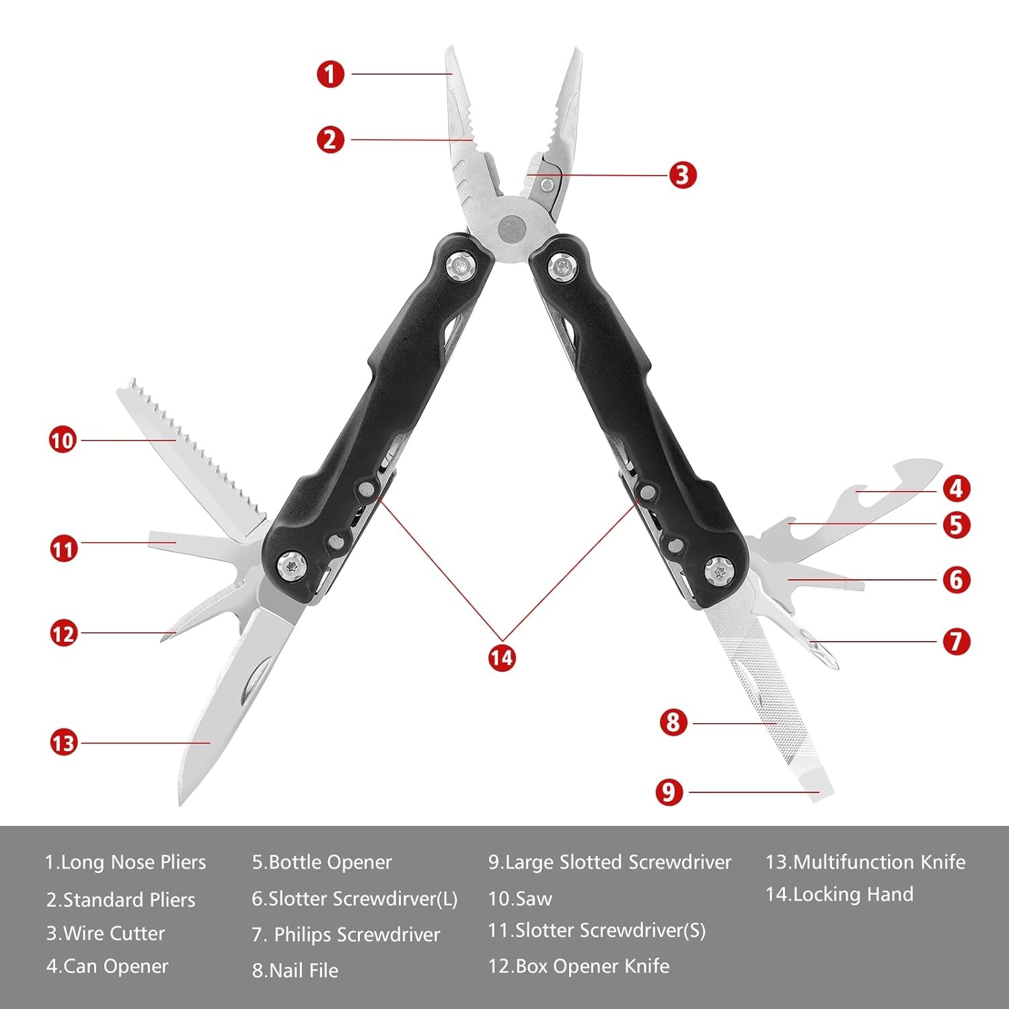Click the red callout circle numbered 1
pyautogui.click(x=330, y=74)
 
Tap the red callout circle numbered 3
pyautogui.click(x=683, y=175)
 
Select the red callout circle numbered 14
pyautogui.click(x=502, y=657)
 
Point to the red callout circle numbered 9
pyautogui.click(x=669, y=792)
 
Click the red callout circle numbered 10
pyautogui.click(x=63, y=441)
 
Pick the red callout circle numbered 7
pyautogui.click(x=957, y=641)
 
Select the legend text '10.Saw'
pyautogui.click(x=520, y=899)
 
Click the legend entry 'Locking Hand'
pyautogui.click(x=854, y=894)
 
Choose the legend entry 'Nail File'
pyautogui.click(x=303, y=970)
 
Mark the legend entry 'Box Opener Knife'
pyautogui.click(x=593, y=966)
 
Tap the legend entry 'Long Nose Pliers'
pyautogui.click(x=133, y=862)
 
